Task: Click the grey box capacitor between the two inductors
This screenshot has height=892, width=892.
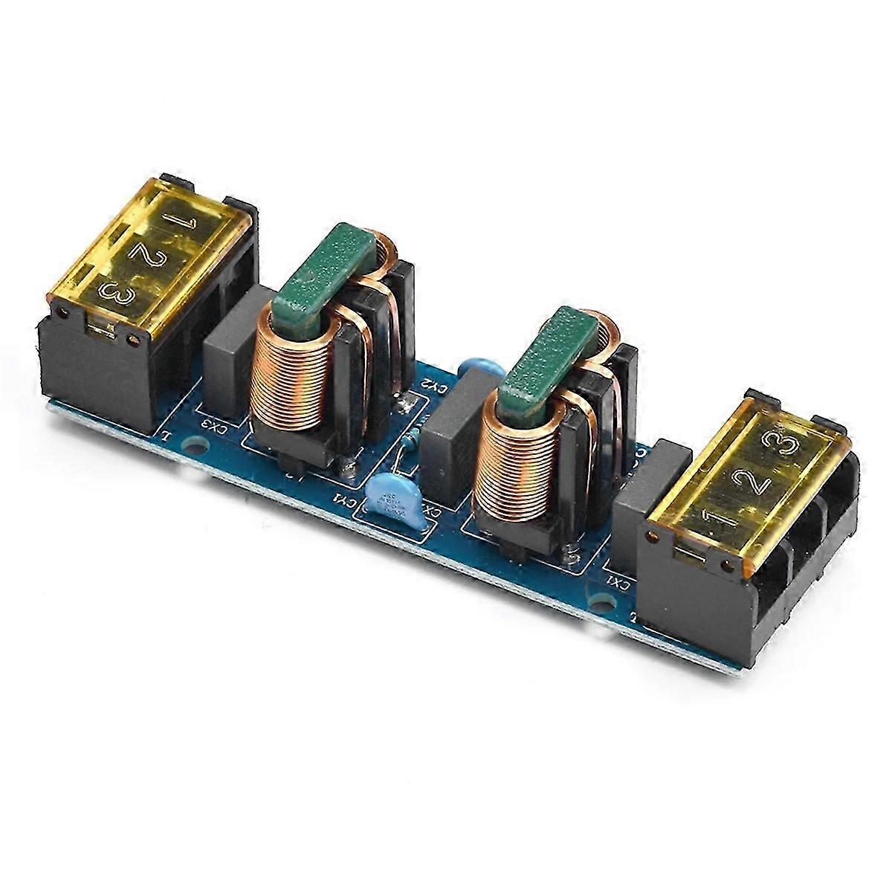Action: point(450,431)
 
